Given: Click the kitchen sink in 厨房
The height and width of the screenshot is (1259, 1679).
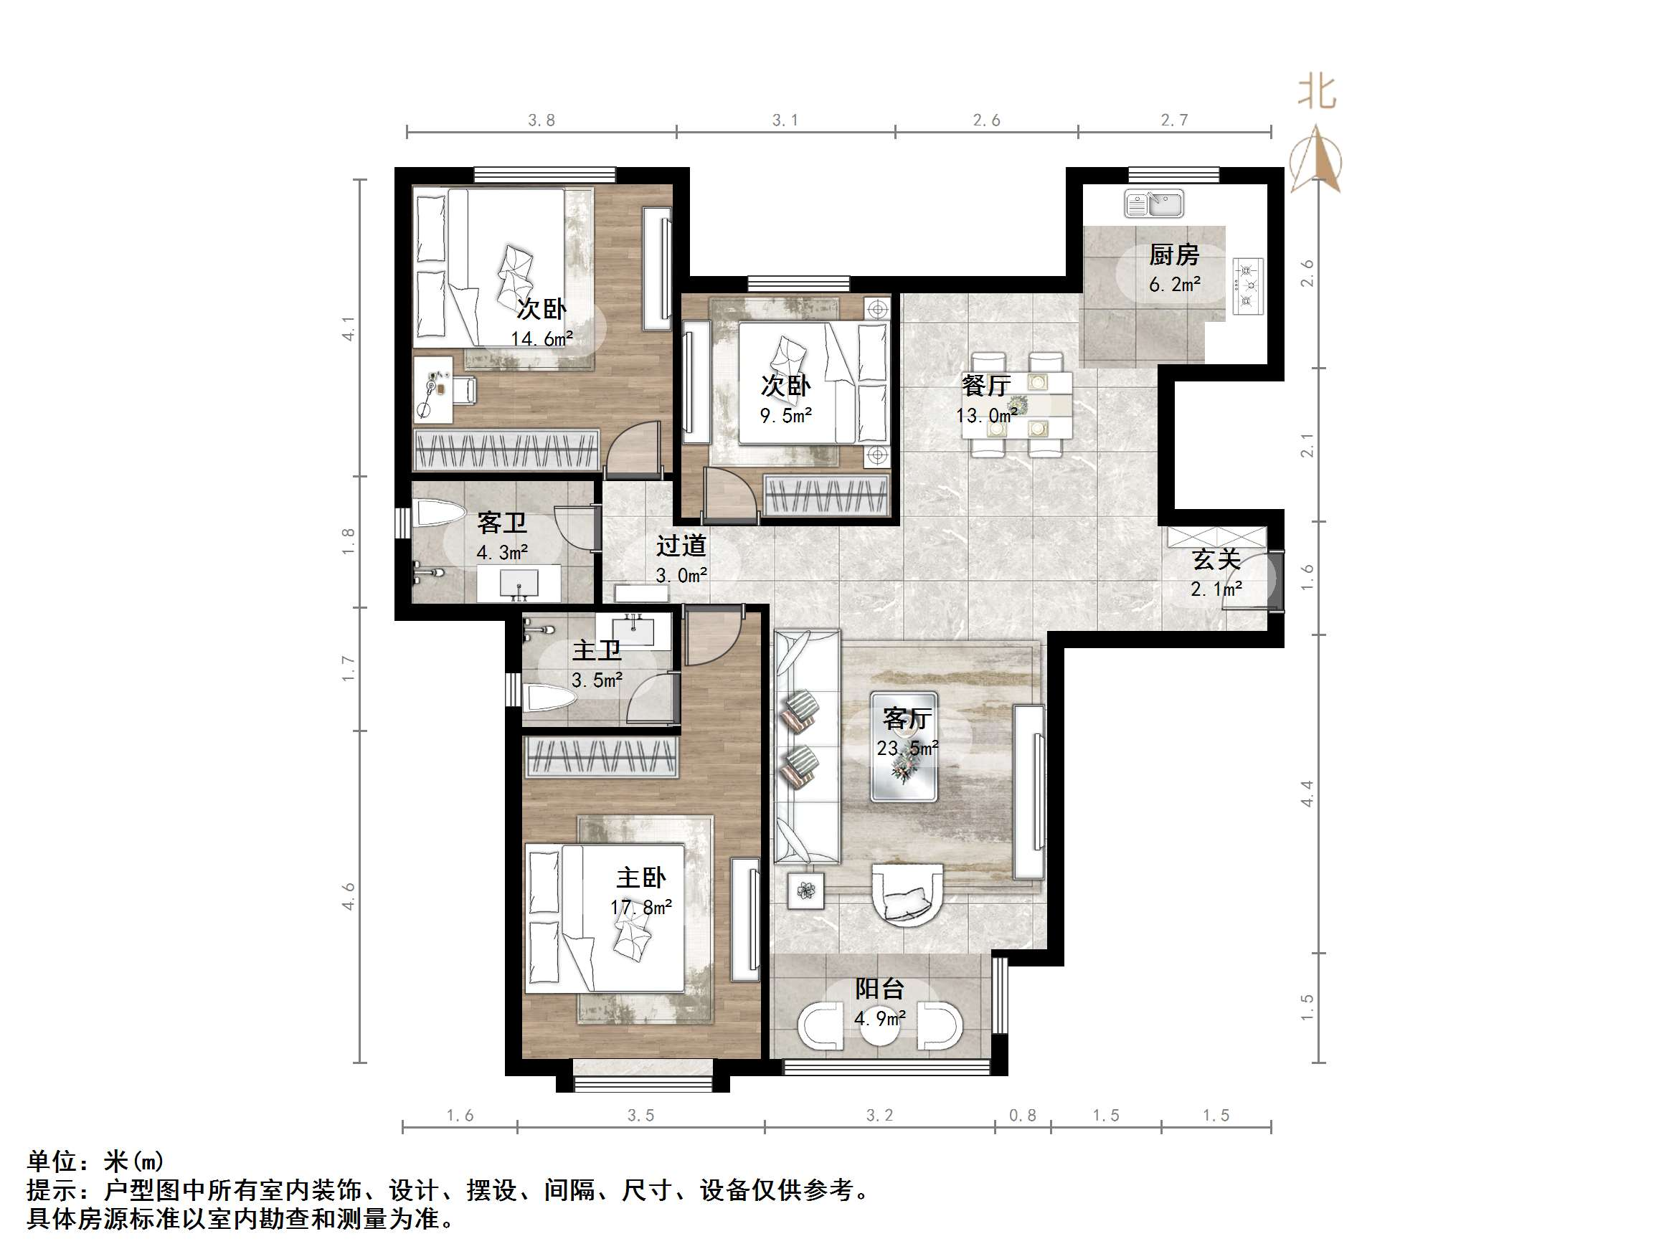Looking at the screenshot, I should point(1154,204).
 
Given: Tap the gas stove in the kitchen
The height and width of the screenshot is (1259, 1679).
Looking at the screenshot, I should point(1248,286).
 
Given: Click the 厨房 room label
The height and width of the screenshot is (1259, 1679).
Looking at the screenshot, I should point(1173,255).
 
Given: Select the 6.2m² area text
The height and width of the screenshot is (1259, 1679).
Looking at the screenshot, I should point(1174,285).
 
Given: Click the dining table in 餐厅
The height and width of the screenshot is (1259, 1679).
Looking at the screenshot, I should point(1018,405).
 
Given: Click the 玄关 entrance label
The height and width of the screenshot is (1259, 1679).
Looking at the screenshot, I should point(1216,559).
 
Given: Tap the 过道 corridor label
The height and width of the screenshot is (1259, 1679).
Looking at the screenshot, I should point(681,546).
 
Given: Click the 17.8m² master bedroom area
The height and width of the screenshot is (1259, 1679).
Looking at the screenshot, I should point(640,908).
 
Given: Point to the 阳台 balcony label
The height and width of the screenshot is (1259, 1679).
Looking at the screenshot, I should point(880,989).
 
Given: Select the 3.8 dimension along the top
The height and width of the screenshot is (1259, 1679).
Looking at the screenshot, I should point(541,120).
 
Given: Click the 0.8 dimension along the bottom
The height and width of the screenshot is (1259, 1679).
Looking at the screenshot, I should point(1023,1116).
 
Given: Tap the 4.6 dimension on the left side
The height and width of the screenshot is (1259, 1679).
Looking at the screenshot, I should point(349,896).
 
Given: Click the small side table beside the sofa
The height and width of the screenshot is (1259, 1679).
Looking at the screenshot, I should point(805,890).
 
